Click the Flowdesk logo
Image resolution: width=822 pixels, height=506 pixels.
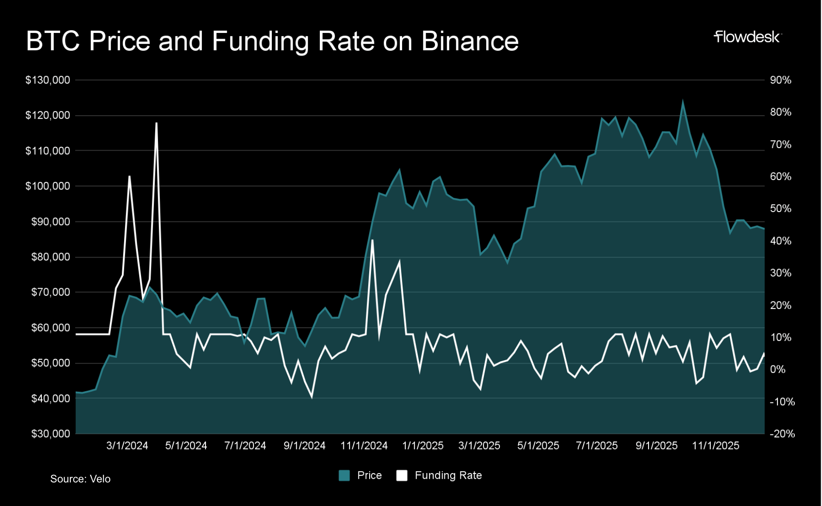pyautogui.click(x=747, y=37)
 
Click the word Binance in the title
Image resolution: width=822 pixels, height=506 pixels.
pyautogui.click(x=470, y=41)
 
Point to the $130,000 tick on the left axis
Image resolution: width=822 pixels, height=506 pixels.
pyautogui.click(x=48, y=80)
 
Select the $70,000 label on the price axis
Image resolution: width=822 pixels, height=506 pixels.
pyautogui.click(x=50, y=292)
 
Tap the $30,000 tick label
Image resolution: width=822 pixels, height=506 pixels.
pyautogui.click(x=50, y=434)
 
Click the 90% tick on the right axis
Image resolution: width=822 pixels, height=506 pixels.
pyautogui.click(x=781, y=80)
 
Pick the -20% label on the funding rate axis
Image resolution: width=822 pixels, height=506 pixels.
pyautogui.click(x=782, y=434)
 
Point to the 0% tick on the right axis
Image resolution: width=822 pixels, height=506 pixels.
pyautogui.click(x=778, y=369)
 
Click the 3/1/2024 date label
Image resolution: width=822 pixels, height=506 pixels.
pyautogui.click(x=127, y=446)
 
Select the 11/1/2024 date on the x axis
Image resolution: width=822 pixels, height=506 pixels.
pyautogui.click(x=364, y=446)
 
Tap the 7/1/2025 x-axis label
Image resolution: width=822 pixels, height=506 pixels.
pyautogui.click(x=596, y=446)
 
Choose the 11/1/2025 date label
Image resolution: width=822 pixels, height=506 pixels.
pyautogui.click(x=715, y=446)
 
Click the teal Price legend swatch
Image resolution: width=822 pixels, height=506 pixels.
pyautogui.click(x=344, y=475)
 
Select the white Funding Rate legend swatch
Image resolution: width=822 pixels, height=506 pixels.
pyautogui.click(x=402, y=475)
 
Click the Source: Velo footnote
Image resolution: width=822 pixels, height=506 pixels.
pyautogui.click(x=80, y=479)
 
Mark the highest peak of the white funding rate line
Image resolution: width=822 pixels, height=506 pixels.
pyautogui.click(x=157, y=123)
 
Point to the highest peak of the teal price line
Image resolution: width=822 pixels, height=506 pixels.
pyautogui.click(x=682, y=102)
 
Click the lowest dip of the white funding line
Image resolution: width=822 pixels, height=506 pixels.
pyautogui.click(x=311, y=397)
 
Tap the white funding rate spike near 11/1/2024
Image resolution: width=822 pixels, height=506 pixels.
pyautogui.click(x=372, y=241)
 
